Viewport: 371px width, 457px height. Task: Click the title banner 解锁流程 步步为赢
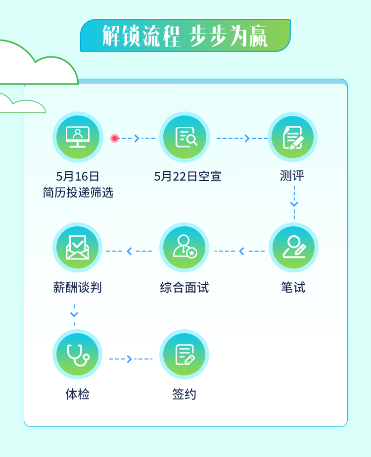(x=185, y=36)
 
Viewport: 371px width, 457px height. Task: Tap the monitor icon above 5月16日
(x=78, y=137)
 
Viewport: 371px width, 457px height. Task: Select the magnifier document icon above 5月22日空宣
(x=185, y=137)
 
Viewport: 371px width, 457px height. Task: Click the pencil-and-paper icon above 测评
(x=292, y=137)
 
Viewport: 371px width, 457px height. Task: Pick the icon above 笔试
(x=293, y=248)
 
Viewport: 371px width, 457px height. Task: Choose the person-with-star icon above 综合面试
(x=185, y=248)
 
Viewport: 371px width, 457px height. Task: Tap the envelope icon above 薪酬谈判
(x=78, y=248)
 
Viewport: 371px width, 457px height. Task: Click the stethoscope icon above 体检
(x=78, y=355)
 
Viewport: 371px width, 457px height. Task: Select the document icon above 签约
(x=185, y=355)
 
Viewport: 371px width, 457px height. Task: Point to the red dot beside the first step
(x=115, y=138)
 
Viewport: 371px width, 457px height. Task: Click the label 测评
(x=292, y=176)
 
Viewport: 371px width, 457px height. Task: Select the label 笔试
(x=293, y=287)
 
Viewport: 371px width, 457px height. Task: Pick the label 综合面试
(x=185, y=287)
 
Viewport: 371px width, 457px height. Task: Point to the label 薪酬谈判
(x=78, y=287)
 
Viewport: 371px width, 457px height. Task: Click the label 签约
(x=185, y=394)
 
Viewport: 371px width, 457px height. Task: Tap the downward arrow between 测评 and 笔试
(x=294, y=203)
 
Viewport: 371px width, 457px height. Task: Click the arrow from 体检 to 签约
(x=130, y=359)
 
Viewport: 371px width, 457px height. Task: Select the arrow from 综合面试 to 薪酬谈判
(x=130, y=252)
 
